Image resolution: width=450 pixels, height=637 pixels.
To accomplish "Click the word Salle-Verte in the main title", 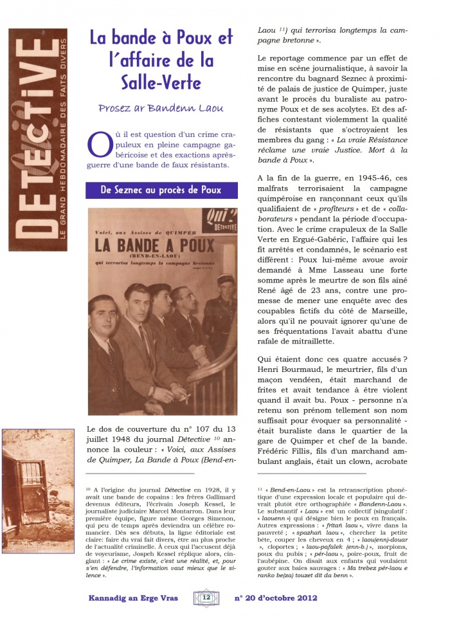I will pyautogui.click(x=161, y=83).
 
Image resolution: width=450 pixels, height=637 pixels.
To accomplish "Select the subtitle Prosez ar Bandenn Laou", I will pyautogui.click(x=161, y=107).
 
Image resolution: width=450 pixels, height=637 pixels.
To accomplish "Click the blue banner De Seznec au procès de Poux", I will pyautogui.click(x=161, y=190).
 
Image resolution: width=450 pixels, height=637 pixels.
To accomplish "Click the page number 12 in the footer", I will pyautogui.click(x=206, y=597).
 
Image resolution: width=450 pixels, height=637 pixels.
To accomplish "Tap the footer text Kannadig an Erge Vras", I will pyautogui.click(x=133, y=598).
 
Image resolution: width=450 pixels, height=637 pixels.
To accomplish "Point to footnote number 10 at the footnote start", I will pyautogui.click(x=89, y=490).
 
